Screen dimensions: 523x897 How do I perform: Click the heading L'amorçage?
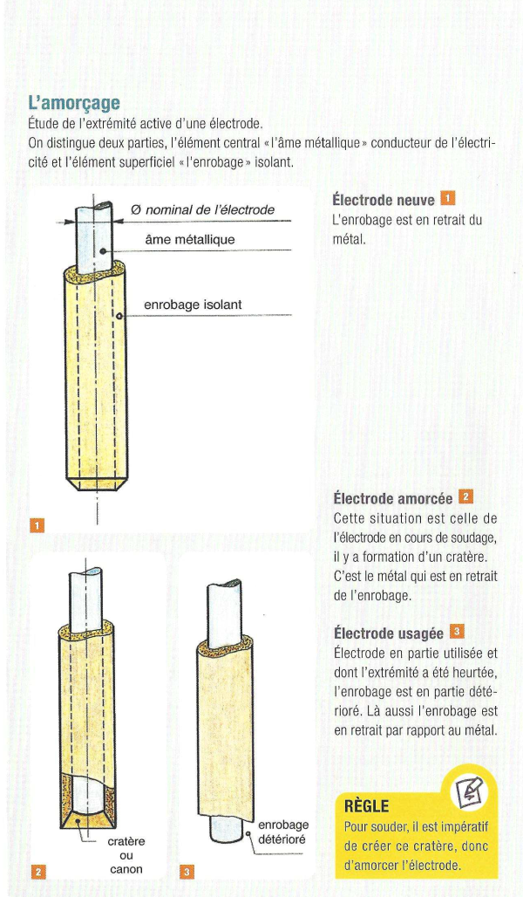tap(74, 104)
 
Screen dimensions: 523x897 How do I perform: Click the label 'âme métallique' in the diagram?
tap(190, 240)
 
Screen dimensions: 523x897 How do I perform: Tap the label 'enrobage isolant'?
tap(193, 305)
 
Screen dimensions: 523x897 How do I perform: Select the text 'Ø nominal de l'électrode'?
tap(203, 210)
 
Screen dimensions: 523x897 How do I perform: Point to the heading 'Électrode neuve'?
tap(384, 200)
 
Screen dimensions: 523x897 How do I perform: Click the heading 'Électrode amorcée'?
tap(392, 499)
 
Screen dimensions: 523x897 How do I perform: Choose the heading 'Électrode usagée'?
tap(389, 633)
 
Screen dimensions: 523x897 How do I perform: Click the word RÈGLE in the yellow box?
tap(366, 806)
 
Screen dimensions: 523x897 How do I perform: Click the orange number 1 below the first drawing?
tap(37, 524)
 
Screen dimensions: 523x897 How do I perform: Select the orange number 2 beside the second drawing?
tap(37, 872)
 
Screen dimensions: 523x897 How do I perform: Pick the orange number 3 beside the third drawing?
tap(187, 872)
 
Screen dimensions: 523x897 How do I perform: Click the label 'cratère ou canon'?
tap(126, 856)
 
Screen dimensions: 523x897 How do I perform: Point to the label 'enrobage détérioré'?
tap(283, 832)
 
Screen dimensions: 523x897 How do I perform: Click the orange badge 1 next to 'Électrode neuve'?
tap(448, 199)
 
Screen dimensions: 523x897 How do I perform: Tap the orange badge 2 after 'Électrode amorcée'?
tap(465, 497)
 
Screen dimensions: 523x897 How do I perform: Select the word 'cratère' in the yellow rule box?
tap(438, 846)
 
